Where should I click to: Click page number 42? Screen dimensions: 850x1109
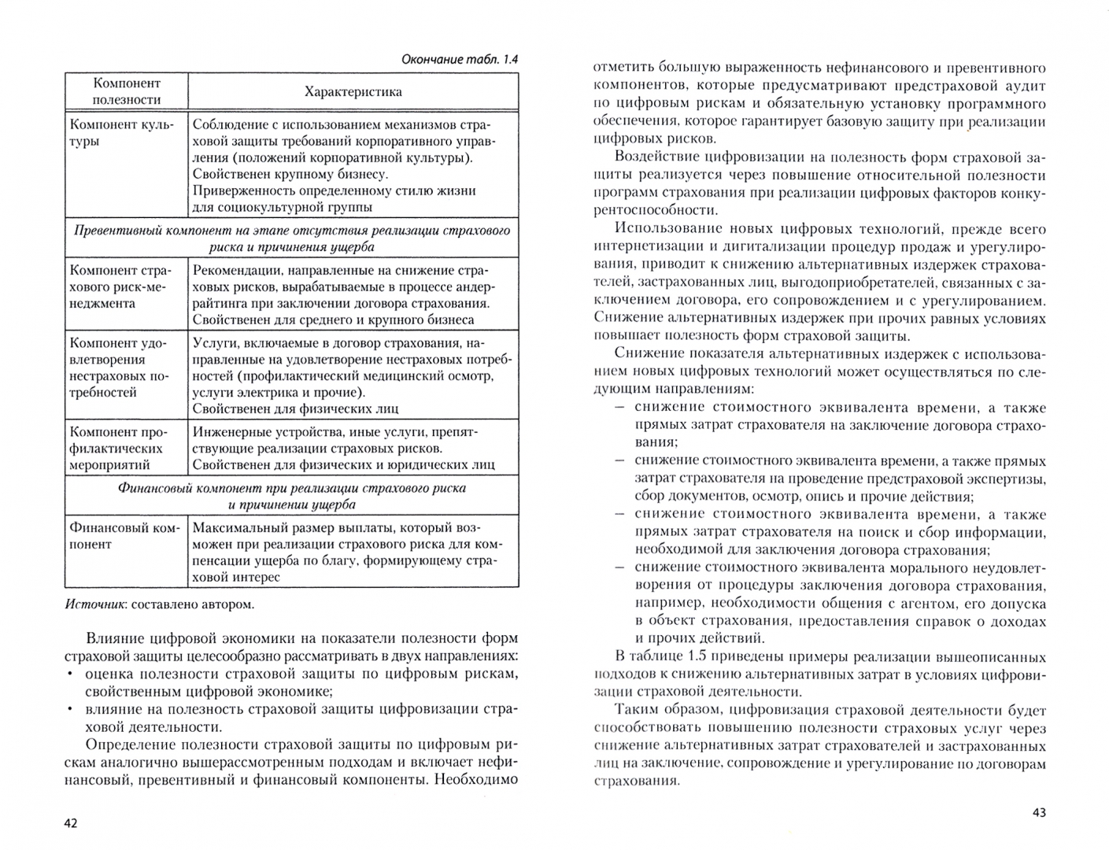(x=71, y=823)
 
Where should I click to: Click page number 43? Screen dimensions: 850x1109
(x=1038, y=812)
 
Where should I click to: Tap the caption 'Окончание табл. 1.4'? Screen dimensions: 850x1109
(x=460, y=59)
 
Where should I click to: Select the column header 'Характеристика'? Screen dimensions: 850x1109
(x=353, y=92)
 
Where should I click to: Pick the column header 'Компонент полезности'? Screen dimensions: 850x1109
(x=126, y=91)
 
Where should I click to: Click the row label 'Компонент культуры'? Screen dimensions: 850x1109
(x=122, y=133)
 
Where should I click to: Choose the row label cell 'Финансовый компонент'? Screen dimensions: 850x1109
(x=124, y=536)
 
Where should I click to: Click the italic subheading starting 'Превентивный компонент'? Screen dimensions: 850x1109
(x=291, y=238)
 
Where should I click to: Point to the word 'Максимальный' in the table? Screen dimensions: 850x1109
(x=235, y=527)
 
